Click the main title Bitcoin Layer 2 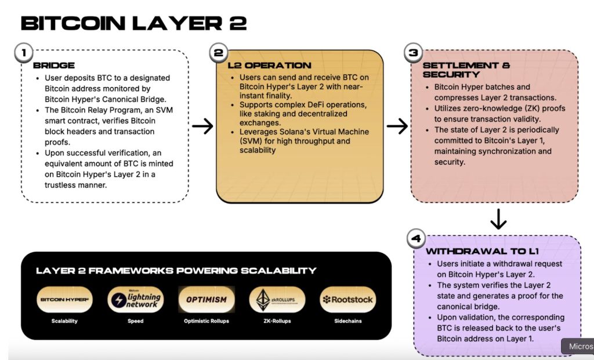134,23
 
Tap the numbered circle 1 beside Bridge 24,53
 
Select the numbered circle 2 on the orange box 219,53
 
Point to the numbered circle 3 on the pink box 413,53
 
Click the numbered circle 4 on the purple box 416,238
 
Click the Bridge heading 54,66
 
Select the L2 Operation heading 269,66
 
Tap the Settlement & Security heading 458,70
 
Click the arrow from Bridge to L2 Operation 202,126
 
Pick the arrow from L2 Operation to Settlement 397,126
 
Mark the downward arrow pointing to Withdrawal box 498,219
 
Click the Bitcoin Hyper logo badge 64,300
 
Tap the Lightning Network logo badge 135,300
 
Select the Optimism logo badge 207,300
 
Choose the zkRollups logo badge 277,300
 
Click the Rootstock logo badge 348,300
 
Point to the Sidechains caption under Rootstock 348,321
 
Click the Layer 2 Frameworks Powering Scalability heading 176,271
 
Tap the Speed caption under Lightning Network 135,321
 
